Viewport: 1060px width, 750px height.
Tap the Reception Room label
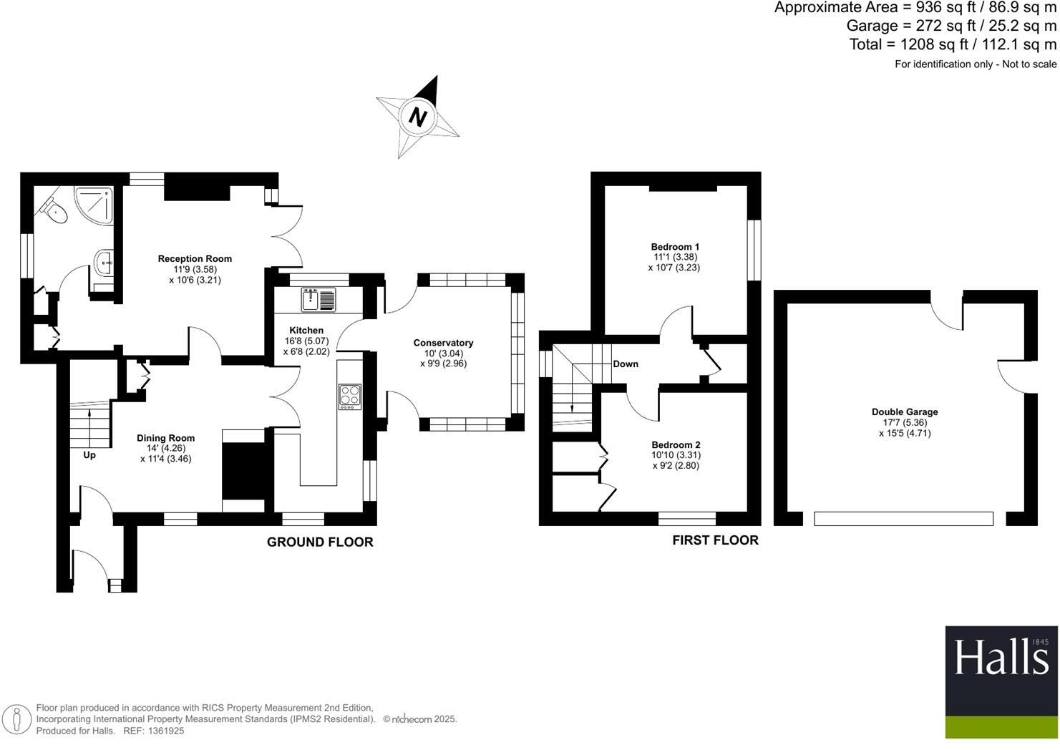click(195, 259)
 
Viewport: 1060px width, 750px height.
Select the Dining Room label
click(165, 438)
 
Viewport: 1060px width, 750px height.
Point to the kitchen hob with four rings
click(350, 396)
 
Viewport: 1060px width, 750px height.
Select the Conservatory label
click(443, 343)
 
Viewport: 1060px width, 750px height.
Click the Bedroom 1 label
click(675, 247)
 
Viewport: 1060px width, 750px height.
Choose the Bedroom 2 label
click(676, 445)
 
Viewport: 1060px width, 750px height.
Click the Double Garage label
click(905, 412)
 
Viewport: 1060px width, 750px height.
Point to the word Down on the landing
click(626, 364)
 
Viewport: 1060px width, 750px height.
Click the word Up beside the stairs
click(89, 455)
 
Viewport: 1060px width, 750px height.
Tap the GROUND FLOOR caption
click(320, 542)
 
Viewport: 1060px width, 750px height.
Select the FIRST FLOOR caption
click(715, 540)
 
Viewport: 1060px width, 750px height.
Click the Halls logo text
click(1001, 658)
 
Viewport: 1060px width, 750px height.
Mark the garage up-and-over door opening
click(903, 519)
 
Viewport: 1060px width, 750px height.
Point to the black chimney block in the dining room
click(244, 470)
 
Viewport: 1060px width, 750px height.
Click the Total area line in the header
click(953, 44)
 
